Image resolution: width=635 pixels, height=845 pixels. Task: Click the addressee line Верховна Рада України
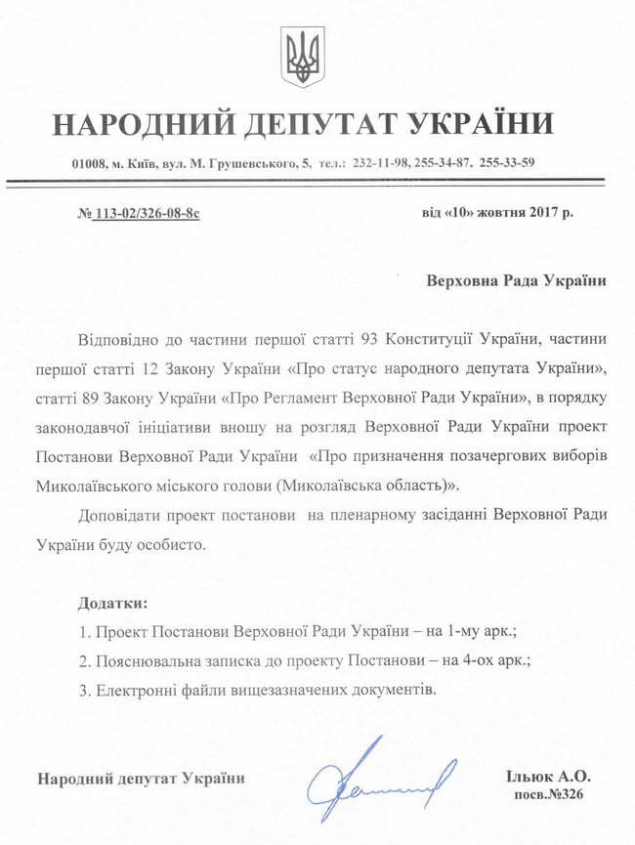point(516,280)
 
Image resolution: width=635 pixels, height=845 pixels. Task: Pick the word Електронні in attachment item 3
point(131,689)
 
